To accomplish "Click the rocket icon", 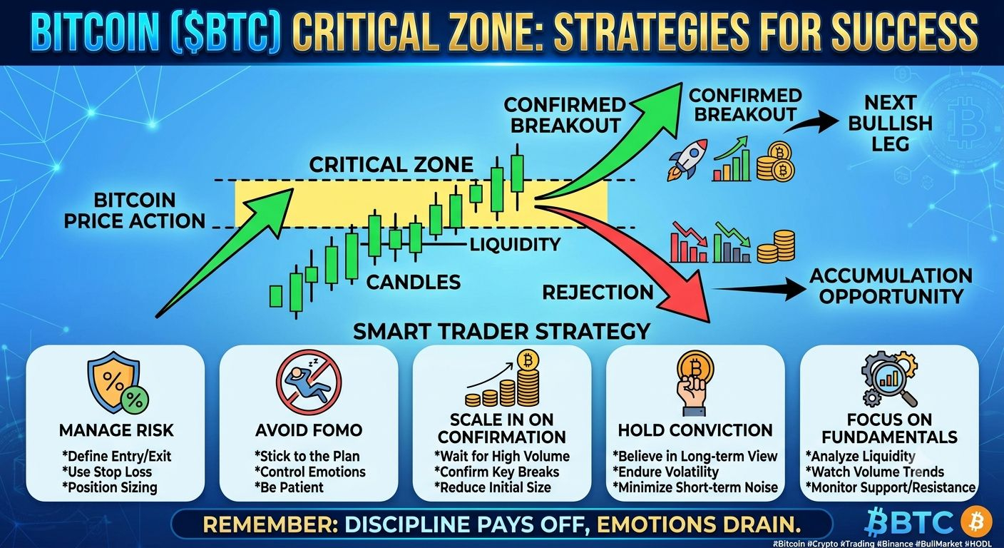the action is click(x=687, y=159).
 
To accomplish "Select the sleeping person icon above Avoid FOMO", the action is click(x=309, y=382).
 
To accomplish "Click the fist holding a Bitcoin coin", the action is click(x=695, y=384).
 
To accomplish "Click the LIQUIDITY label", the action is click(x=515, y=245).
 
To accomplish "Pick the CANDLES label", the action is click(x=414, y=282).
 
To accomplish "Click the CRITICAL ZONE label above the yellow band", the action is click(x=391, y=165).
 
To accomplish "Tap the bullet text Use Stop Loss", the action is click(x=107, y=472).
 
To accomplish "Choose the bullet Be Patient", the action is click(x=289, y=487).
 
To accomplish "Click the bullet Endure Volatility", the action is click(x=665, y=472).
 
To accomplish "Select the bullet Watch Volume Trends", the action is click(x=874, y=472).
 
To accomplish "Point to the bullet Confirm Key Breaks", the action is click(x=496, y=472).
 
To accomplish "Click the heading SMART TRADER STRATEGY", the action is click(x=501, y=332).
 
